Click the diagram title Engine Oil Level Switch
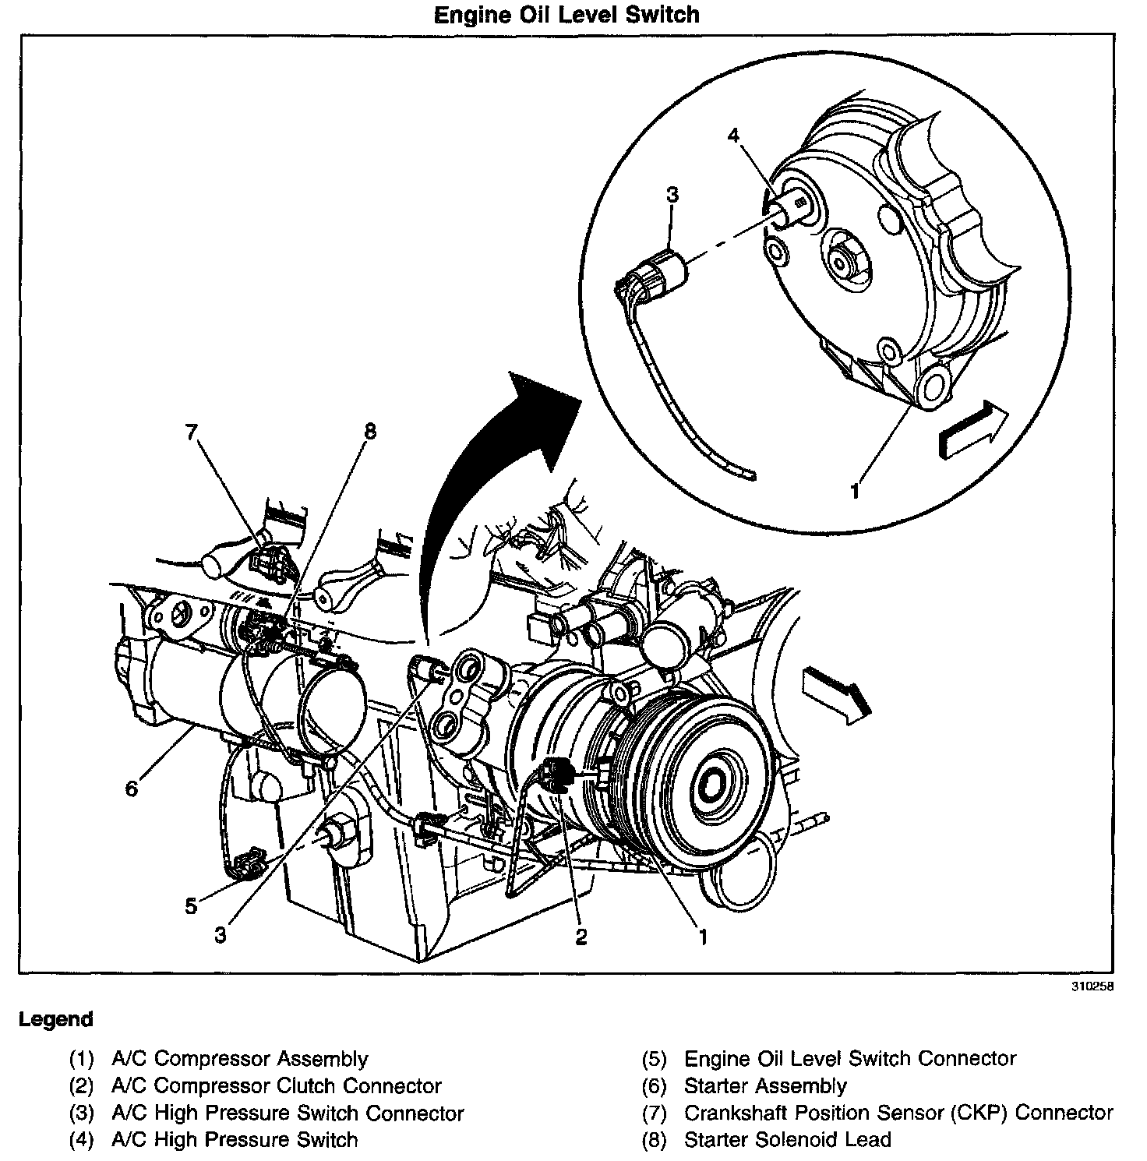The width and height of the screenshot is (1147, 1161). (x=566, y=15)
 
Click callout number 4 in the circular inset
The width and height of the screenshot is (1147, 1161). (x=733, y=136)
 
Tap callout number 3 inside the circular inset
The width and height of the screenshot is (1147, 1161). (x=672, y=194)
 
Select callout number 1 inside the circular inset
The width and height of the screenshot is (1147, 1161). (x=855, y=491)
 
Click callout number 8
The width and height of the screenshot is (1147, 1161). (x=369, y=431)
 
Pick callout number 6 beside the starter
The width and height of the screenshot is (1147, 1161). (x=131, y=789)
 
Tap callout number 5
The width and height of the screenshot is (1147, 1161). (x=191, y=905)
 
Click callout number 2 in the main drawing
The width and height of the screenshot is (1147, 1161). (x=581, y=936)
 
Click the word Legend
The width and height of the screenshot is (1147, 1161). (x=55, y=1019)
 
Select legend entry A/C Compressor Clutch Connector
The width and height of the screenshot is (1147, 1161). (x=277, y=1085)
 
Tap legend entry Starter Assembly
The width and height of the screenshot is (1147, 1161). (x=764, y=1085)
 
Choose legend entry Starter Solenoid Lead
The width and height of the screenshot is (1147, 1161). (x=787, y=1139)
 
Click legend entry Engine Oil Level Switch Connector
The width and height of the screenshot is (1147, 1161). (x=849, y=1058)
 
